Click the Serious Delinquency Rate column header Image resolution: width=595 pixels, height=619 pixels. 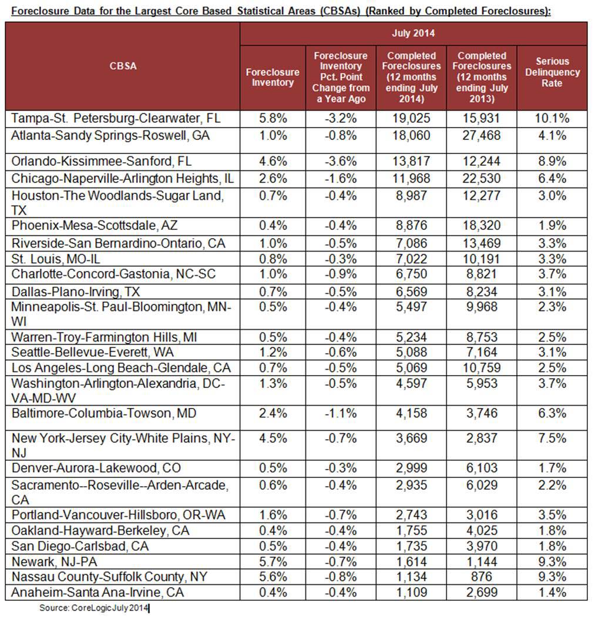[552, 72]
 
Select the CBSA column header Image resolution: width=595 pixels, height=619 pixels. [123, 66]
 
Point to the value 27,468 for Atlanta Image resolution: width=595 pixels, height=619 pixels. [481, 135]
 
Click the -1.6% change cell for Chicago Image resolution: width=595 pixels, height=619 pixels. [341, 177]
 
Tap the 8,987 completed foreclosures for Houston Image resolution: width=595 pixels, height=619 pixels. [411, 195]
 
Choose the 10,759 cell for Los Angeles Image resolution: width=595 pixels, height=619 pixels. [481, 368]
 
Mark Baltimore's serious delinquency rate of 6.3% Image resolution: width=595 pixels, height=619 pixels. [552, 413]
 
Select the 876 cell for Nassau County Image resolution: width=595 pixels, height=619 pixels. [481, 576]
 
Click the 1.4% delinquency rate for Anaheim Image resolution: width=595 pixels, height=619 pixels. [552, 591]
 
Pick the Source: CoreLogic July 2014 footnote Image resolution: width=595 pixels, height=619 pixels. [94, 608]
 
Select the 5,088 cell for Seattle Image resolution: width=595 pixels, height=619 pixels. [411, 353]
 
